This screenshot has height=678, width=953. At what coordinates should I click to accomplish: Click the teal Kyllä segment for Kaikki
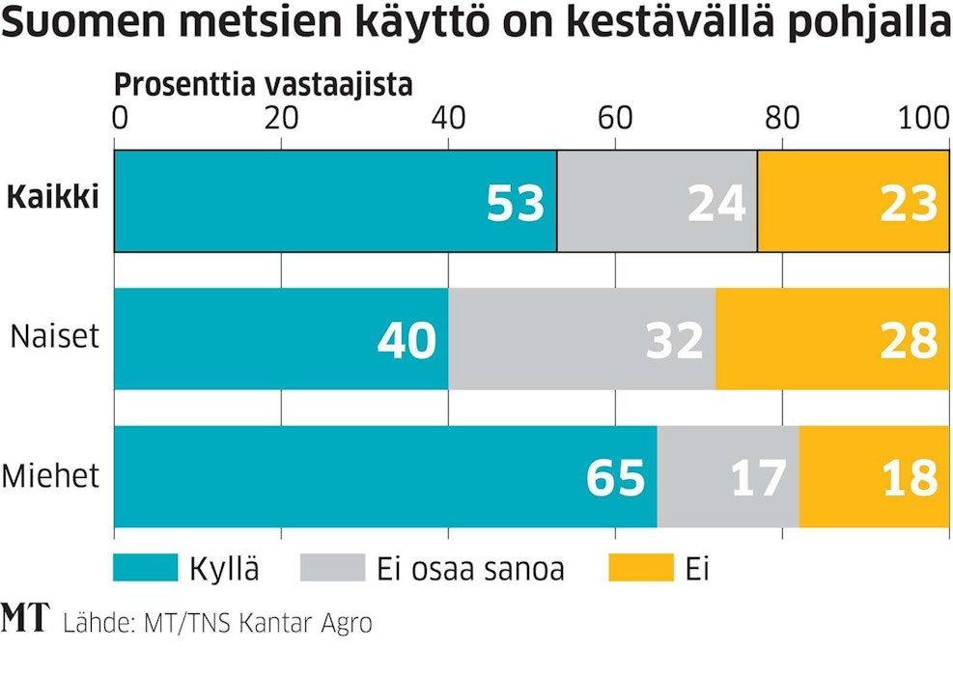[x=335, y=202]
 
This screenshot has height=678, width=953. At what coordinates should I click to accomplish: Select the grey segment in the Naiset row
[x=581, y=339]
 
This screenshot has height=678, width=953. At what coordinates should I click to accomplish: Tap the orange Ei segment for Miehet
[x=874, y=476]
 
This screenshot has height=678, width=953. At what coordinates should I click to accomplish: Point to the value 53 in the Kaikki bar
[x=516, y=205]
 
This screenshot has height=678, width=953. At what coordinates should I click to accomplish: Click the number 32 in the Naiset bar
[x=675, y=342]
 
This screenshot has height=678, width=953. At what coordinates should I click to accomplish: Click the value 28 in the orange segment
[x=909, y=342]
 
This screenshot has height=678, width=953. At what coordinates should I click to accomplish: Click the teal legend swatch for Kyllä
[x=146, y=569]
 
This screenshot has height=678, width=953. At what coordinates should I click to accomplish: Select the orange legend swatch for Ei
[x=640, y=569]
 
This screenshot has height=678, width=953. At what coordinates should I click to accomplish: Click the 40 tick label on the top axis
[x=447, y=119]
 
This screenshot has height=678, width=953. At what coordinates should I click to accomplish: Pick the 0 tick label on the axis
[x=120, y=119]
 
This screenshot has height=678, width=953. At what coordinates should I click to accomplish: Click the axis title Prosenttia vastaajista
[x=264, y=85]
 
